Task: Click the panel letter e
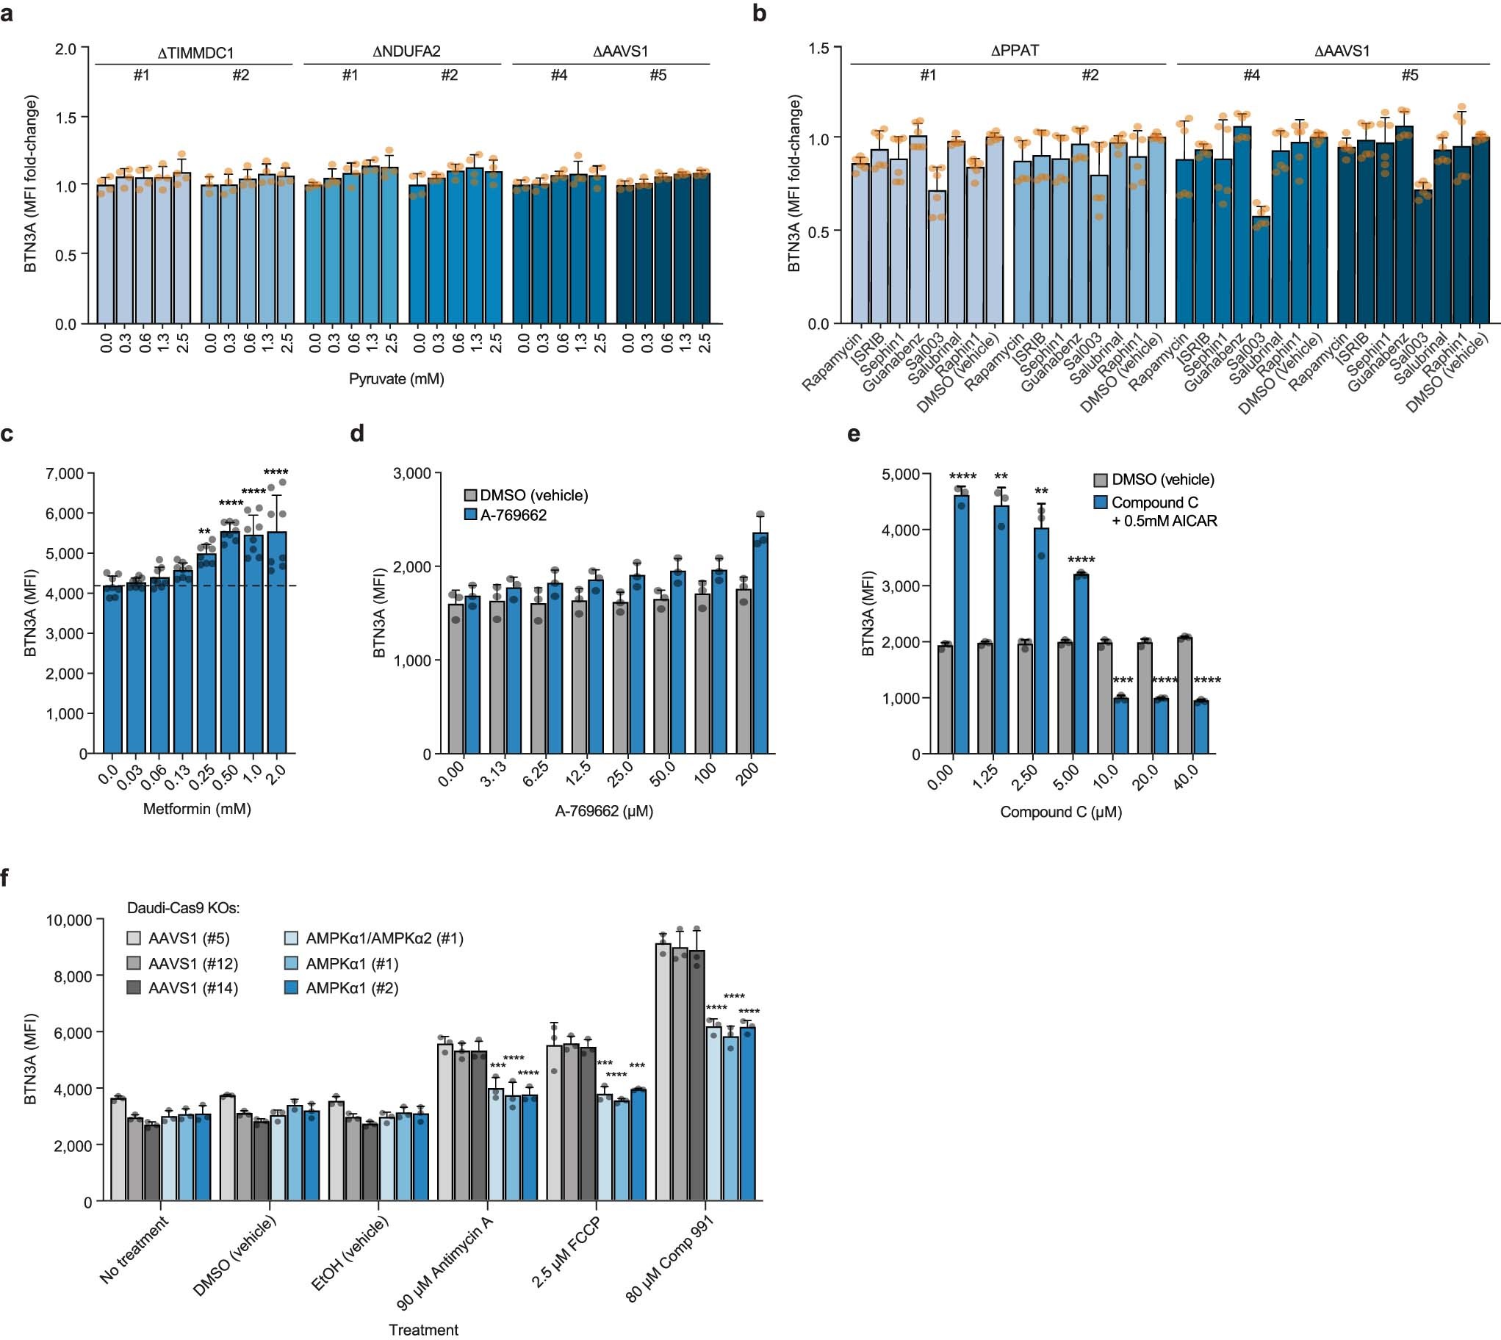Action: pos(854,434)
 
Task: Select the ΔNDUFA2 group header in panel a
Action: pos(402,51)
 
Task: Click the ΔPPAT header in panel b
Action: pos(1009,51)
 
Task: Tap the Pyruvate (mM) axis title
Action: pos(396,379)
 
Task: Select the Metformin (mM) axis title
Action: pos(197,809)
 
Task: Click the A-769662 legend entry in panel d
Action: pos(513,516)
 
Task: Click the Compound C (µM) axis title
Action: pos(1060,812)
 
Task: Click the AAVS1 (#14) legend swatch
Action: pos(134,988)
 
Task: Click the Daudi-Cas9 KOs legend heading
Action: pos(183,909)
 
